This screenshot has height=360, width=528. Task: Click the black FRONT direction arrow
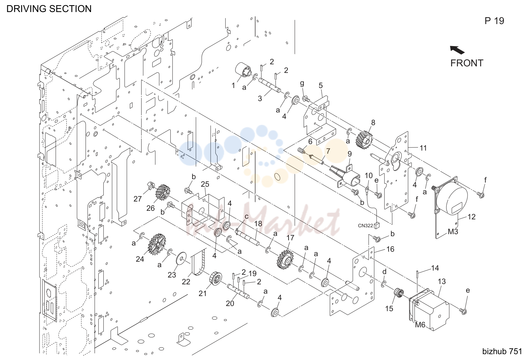pyautogui.click(x=457, y=50)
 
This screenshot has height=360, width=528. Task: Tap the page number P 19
pyautogui.click(x=494, y=21)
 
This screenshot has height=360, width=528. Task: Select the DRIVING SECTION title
pyautogui.click(x=49, y=9)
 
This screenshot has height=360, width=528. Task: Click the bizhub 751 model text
pyautogui.click(x=502, y=351)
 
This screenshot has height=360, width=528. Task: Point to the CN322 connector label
pyautogui.click(x=366, y=226)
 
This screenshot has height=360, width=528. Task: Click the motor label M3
pyautogui.click(x=453, y=232)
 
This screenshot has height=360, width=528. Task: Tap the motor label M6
pyautogui.click(x=420, y=325)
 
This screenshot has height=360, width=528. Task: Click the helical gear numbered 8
pyautogui.click(x=365, y=141)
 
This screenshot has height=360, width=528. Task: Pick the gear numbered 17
pyautogui.click(x=285, y=260)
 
